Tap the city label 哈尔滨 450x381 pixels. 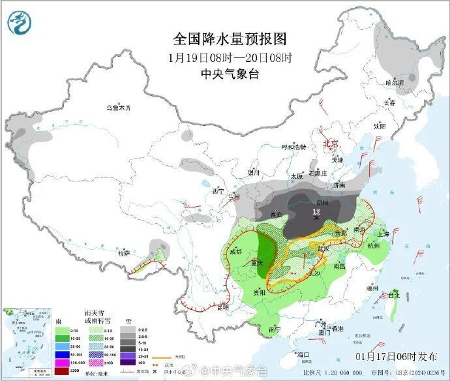pos(394,83)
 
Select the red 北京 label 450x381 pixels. pos(331,143)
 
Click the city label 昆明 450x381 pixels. pos(223,307)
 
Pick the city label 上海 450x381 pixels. pos(383,234)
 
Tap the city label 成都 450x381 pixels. pos(235,251)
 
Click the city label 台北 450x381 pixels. pos(394,295)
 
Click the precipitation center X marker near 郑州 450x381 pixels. pos(316,219)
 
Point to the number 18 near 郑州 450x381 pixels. pos(316,211)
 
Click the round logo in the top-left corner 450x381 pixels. pos(20,22)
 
